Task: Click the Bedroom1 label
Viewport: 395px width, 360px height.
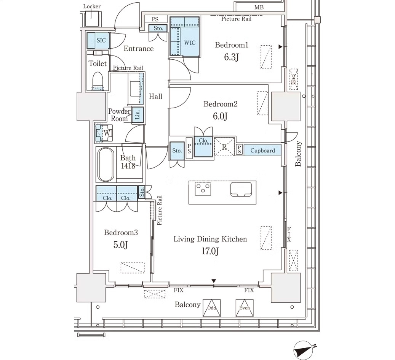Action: pos(232,45)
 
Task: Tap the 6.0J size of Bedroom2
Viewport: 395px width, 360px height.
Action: pos(220,116)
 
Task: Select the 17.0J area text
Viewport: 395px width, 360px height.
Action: pos(210,251)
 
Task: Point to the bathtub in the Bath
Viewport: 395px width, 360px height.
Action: pos(106,164)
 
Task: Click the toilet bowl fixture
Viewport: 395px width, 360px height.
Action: pos(98,80)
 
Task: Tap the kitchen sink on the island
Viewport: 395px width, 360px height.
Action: pos(241,189)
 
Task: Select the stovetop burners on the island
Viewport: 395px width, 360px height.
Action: pos(203,188)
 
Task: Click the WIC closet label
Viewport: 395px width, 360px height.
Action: pos(190,43)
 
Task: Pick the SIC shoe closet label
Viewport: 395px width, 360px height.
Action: pos(101,40)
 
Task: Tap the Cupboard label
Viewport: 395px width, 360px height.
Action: pos(262,151)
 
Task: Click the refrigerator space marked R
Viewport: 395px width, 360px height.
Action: pos(224,147)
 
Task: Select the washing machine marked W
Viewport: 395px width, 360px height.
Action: pos(104,133)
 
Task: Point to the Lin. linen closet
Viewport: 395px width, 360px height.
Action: pos(138,115)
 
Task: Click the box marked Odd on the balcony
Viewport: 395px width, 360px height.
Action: pos(212,308)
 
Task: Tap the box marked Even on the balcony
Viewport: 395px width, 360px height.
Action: pos(245,308)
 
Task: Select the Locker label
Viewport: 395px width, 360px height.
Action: pos(92,6)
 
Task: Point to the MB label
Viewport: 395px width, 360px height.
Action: pos(259,7)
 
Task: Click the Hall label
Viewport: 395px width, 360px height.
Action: pos(155,96)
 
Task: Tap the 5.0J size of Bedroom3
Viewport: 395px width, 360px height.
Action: pos(120,244)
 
